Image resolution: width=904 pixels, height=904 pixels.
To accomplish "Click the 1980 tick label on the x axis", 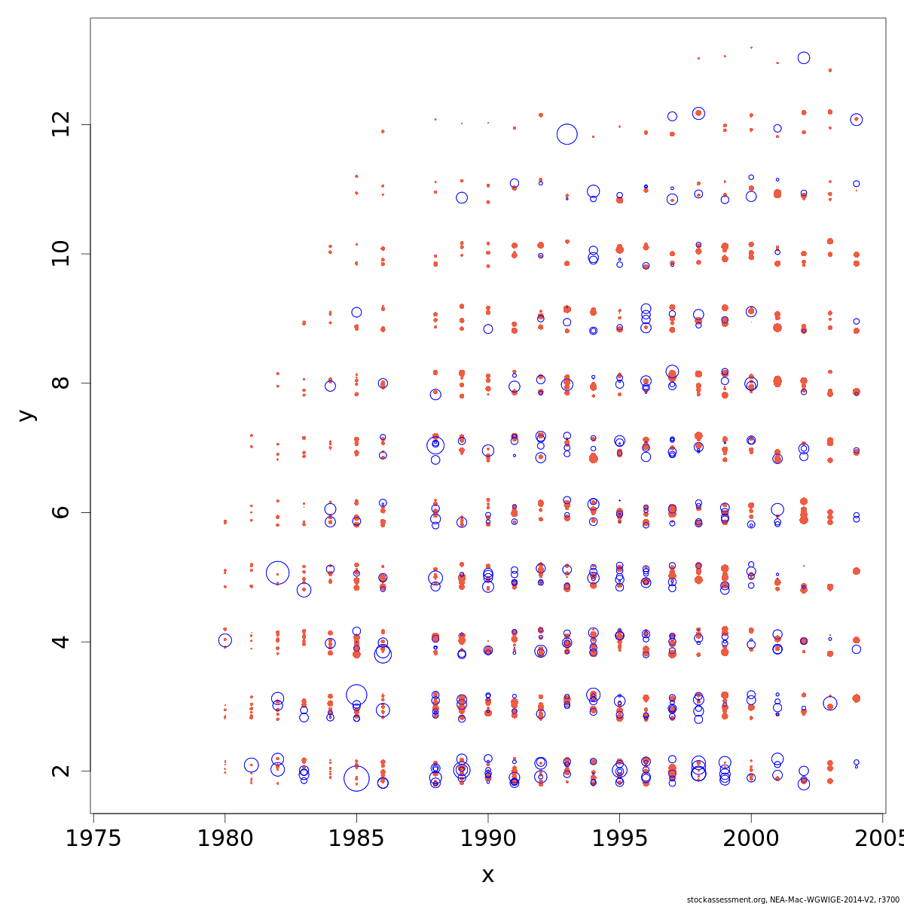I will pyautogui.click(x=224, y=839).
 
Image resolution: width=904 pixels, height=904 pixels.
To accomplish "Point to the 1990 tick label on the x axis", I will pyautogui.click(x=487, y=839).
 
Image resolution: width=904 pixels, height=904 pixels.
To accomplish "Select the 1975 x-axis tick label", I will pyautogui.click(x=93, y=839).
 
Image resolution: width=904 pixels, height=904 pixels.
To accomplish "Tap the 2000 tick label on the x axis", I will pyautogui.click(x=751, y=839).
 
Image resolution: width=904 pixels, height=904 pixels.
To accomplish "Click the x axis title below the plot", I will pyautogui.click(x=487, y=875).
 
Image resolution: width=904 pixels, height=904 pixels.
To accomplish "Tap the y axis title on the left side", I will pyautogui.click(x=26, y=415).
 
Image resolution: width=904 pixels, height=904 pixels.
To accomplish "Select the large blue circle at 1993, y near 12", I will pyautogui.click(x=567, y=134).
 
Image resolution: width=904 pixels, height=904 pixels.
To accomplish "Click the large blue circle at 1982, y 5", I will pyautogui.click(x=277, y=573).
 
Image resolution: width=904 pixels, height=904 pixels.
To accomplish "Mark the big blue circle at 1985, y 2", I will pyautogui.click(x=356, y=778).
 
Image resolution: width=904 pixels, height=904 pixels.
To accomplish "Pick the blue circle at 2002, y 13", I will pyautogui.click(x=804, y=58).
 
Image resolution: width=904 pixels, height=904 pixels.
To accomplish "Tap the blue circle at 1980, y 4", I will pyautogui.click(x=224, y=640).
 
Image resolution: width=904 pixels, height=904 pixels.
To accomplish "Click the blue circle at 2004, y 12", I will pyautogui.click(x=857, y=120).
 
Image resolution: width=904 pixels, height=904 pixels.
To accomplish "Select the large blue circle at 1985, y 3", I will pyautogui.click(x=356, y=695).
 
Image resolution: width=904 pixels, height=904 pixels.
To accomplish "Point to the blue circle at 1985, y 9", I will pyautogui.click(x=356, y=312).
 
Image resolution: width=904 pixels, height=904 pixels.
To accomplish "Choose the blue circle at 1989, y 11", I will pyautogui.click(x=462, y=197).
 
